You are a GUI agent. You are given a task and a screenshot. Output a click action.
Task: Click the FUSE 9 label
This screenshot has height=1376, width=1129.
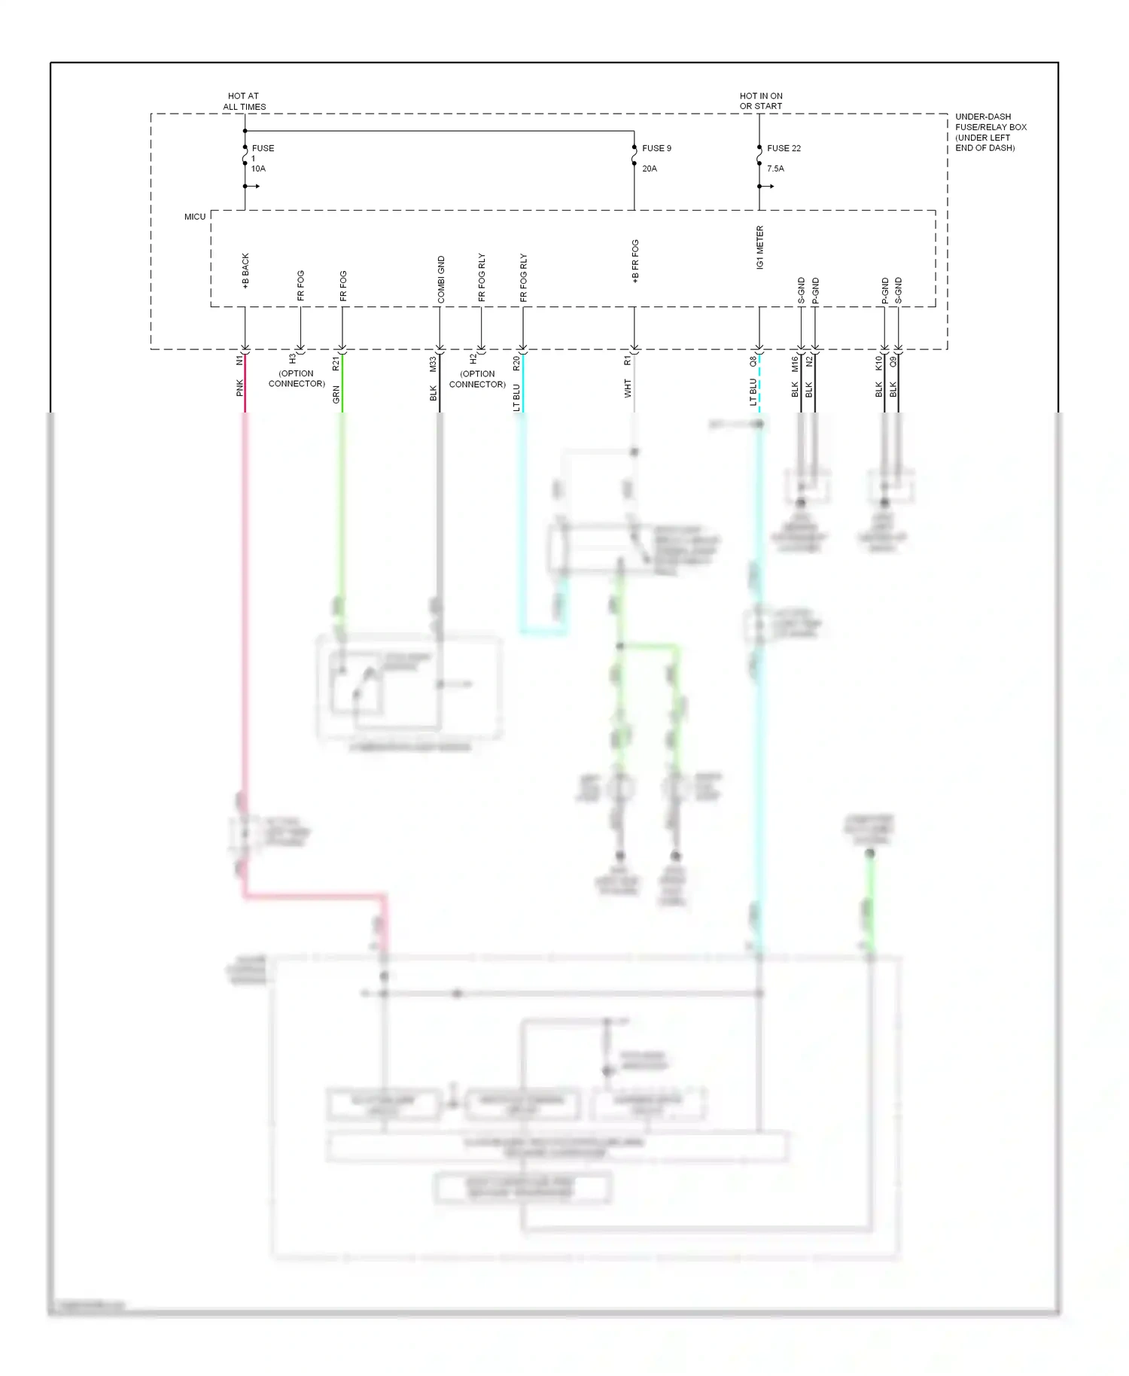[656, 148]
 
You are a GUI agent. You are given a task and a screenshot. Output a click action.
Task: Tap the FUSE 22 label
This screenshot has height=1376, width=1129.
[784, 148]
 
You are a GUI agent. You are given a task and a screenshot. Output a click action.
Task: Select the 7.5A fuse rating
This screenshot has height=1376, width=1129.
[775, 169]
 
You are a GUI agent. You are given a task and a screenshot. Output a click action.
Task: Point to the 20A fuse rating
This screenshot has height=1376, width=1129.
[650, 169]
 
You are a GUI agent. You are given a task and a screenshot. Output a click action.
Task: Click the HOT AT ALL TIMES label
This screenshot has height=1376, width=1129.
[244, 102]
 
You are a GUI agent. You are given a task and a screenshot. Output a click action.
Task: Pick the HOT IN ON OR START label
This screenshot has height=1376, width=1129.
[761, 101]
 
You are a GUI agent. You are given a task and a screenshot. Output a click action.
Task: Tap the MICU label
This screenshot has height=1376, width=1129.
[195, 217]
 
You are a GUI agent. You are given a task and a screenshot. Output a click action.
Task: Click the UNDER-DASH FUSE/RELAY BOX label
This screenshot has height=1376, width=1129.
[991, 132]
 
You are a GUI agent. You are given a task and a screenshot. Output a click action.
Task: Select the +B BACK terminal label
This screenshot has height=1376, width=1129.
[245, 271]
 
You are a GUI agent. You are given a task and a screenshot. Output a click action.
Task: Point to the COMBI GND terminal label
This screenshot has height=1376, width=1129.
[441, 280]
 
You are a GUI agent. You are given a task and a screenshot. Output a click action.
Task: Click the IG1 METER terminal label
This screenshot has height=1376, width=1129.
[760, 248]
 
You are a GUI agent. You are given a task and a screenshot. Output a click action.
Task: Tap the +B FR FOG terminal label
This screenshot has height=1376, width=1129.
[635, 262]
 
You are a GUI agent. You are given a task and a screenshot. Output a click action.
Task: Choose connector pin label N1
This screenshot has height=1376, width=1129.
[240, 361]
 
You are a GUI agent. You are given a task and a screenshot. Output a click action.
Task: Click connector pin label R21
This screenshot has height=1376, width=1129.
[336, 364]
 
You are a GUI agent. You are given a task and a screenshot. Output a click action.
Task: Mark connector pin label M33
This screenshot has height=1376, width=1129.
[433, 364]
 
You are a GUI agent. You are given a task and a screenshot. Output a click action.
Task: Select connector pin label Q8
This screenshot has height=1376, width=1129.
[753, 361]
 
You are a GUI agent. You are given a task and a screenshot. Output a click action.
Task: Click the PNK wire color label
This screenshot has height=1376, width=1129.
[240, 388]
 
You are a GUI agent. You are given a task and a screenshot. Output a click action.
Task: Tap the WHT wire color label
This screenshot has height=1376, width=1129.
[628, 388]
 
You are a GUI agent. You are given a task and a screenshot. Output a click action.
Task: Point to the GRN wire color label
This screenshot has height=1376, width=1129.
[336, 394]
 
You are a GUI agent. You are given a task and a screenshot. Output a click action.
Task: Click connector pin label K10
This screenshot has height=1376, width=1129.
[878, 363]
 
